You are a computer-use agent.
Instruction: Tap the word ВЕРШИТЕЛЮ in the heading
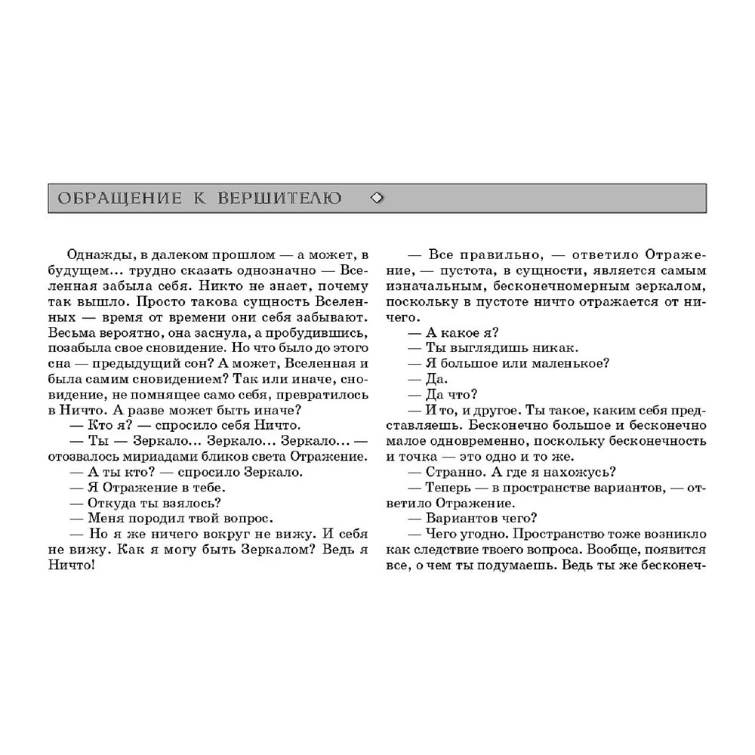[279, 199]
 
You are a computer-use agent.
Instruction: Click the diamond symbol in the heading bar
[378, 199]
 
